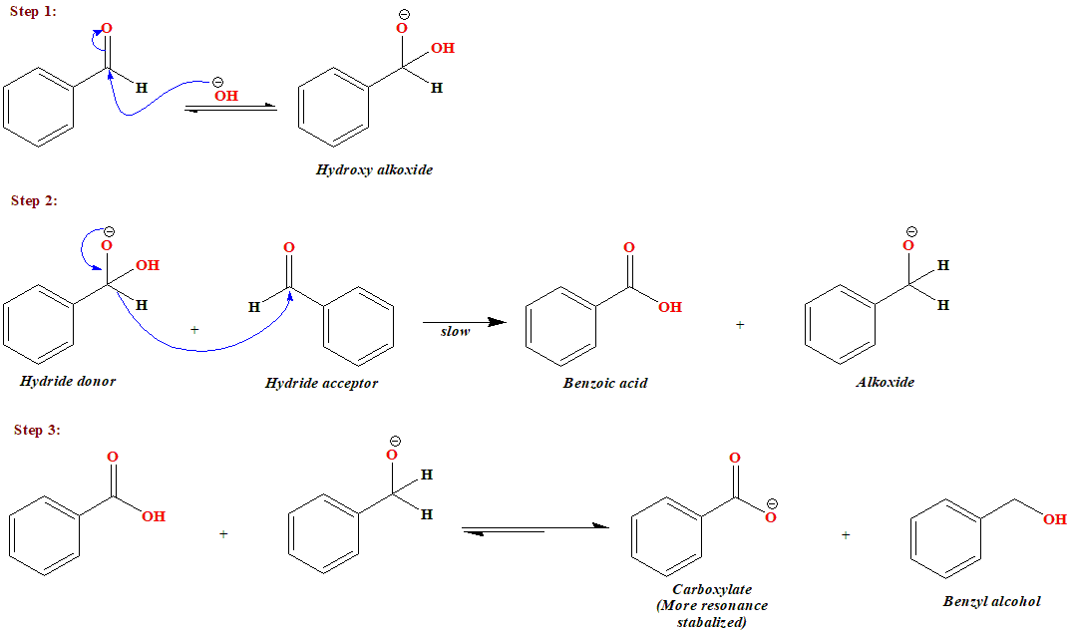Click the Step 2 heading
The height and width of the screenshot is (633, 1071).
pos(33,201)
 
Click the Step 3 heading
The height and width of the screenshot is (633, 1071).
pos(37,431)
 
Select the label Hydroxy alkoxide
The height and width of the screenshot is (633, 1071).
pos(374,170)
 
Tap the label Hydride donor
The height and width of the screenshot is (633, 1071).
pos(68,381)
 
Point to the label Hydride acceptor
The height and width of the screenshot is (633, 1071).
pos(321,383)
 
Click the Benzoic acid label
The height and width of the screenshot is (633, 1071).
pos(604,383)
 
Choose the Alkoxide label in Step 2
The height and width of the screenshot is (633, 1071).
pos(885,382)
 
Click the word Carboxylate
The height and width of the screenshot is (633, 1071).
pos(712,589)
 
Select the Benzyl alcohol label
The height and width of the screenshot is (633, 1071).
pos(991,601)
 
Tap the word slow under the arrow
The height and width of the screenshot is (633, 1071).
pos(455,331)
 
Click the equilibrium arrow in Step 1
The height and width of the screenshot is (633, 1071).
pos(230,108)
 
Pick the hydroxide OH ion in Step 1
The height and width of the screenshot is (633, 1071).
pos(225,96)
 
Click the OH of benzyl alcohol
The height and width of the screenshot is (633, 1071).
pos(1054,519)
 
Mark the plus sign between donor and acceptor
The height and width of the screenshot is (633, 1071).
pos(194,328)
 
